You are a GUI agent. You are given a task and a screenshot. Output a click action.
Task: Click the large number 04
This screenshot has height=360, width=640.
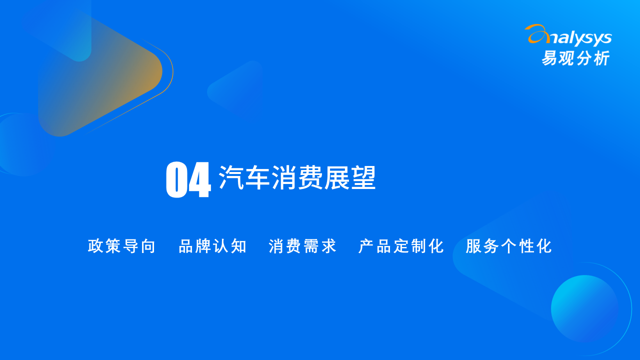[188, 179]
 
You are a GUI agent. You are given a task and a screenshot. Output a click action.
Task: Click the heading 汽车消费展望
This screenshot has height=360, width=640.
[297, 177]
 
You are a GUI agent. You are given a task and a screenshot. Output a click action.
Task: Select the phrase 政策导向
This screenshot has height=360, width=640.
[121, 246]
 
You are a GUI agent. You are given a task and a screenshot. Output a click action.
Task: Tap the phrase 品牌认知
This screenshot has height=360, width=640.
[212, 246]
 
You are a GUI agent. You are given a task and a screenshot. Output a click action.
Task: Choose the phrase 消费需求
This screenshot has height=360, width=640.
[302, 246]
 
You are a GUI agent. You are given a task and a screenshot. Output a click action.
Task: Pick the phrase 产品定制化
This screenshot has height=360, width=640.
[401, 246]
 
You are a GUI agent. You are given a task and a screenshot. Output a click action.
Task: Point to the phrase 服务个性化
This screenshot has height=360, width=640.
[508, 246]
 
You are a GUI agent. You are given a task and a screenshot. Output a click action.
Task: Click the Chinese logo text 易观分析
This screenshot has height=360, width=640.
[576, 58]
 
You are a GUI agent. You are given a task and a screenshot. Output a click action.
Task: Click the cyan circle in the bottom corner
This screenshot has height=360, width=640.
[584, 308]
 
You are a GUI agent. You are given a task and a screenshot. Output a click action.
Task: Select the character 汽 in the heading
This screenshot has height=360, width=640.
[231, 177]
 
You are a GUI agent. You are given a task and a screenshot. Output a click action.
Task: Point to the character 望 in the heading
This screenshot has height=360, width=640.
[363, 177]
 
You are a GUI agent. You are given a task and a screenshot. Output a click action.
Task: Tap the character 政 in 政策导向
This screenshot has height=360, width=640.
[95, 246]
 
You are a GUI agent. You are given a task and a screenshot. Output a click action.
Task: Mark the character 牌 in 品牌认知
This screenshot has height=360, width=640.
[203, 246]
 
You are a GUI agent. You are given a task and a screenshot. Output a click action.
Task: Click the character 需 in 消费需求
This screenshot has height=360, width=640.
[311, 246]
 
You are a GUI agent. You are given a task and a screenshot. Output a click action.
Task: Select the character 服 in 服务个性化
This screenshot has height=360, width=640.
[473, 246]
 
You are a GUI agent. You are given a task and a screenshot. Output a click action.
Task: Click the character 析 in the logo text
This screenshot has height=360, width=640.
[601, 58]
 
